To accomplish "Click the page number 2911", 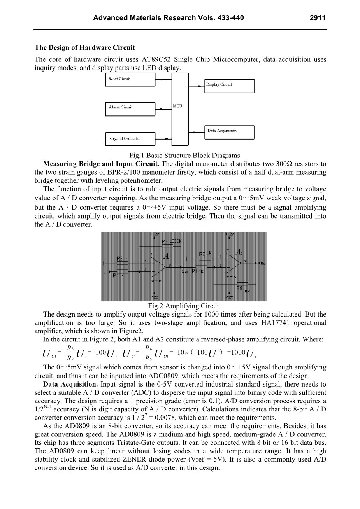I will pos(317,18).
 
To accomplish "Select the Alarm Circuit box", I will pos(130,108).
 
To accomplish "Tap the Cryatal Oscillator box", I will pos(130,138).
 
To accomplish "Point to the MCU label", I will pos(177,106).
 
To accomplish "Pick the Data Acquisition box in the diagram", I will pos(230,131).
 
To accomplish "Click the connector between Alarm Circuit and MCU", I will pos(163,108).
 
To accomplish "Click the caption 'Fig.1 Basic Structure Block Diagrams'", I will pos(184,155).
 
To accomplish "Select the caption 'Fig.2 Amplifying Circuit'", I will pos(184,306).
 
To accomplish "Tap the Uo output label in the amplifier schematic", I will pos(262,264).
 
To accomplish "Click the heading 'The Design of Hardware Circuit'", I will pos(85,48).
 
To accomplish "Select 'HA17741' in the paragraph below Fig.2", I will pos(277,323).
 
